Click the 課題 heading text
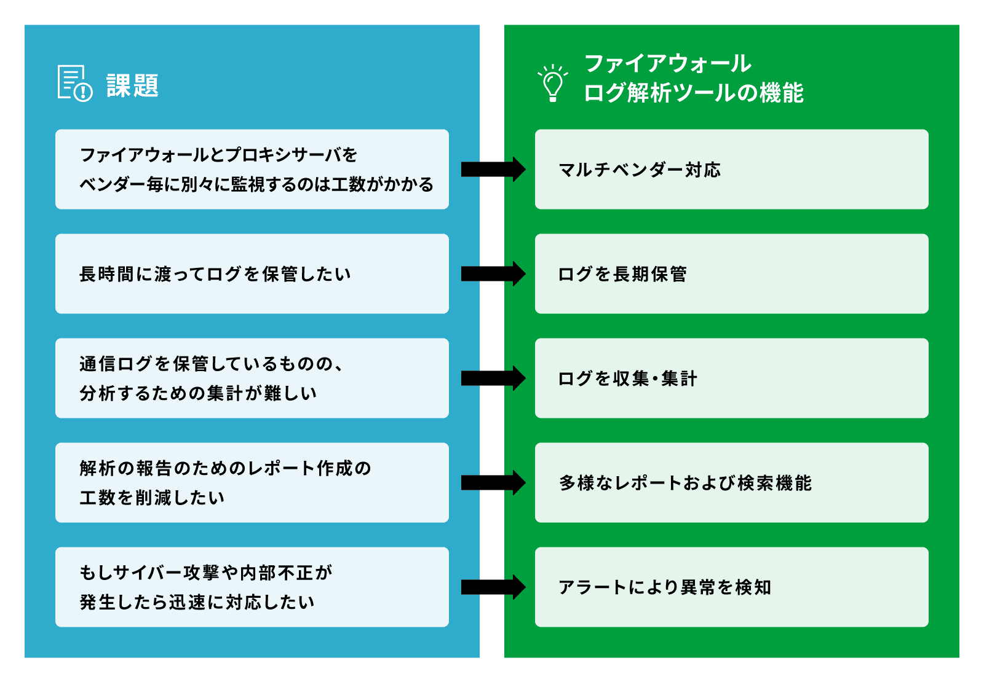point(132,85)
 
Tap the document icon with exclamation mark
point(74,83)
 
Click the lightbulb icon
point(552,83)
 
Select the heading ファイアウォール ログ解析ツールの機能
point(693,78)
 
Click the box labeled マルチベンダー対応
point(731,169)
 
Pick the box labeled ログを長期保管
point(731,273)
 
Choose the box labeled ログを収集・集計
point(731,378)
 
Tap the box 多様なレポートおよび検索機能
point(731,482)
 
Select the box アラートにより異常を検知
point(731,587)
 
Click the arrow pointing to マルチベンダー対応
point(493,169)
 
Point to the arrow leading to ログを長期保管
point(493,273)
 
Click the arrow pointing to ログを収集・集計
point(493,378)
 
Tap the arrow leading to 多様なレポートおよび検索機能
point(493,482)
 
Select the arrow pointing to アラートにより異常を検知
point(493,587)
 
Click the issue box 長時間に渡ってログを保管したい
point(252,273)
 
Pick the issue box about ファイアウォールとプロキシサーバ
point(252,169)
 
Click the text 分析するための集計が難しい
point(198,393)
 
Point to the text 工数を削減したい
point(152,498)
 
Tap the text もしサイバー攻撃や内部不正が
point(206,573)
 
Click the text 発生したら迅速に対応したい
point(197,602)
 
